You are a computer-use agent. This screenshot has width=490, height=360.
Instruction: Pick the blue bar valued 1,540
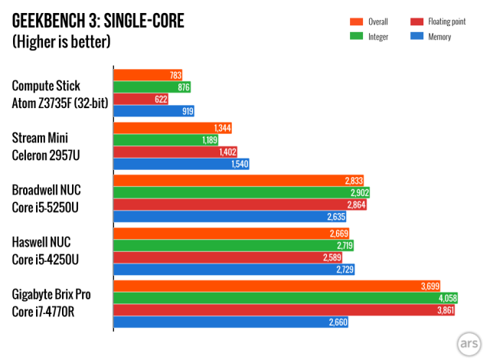(x=181, y=164)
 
